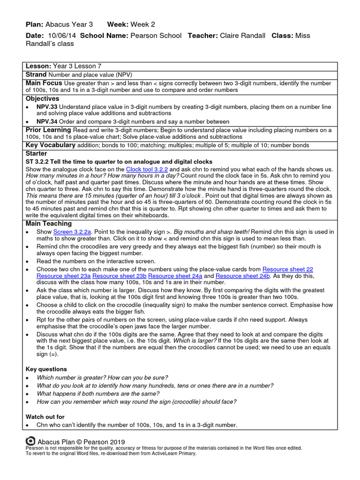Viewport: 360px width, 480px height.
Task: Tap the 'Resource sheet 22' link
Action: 287,269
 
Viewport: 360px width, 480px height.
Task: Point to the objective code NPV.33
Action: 47,106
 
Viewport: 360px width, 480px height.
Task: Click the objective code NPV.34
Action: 47,121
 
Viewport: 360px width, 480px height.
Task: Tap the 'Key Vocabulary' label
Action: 51,145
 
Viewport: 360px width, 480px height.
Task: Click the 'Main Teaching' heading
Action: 49,224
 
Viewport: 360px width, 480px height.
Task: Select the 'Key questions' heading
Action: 46,369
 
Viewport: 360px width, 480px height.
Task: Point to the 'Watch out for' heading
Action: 45,417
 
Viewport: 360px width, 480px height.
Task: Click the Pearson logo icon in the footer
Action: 30,441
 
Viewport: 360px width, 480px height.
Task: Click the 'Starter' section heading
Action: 37,153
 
